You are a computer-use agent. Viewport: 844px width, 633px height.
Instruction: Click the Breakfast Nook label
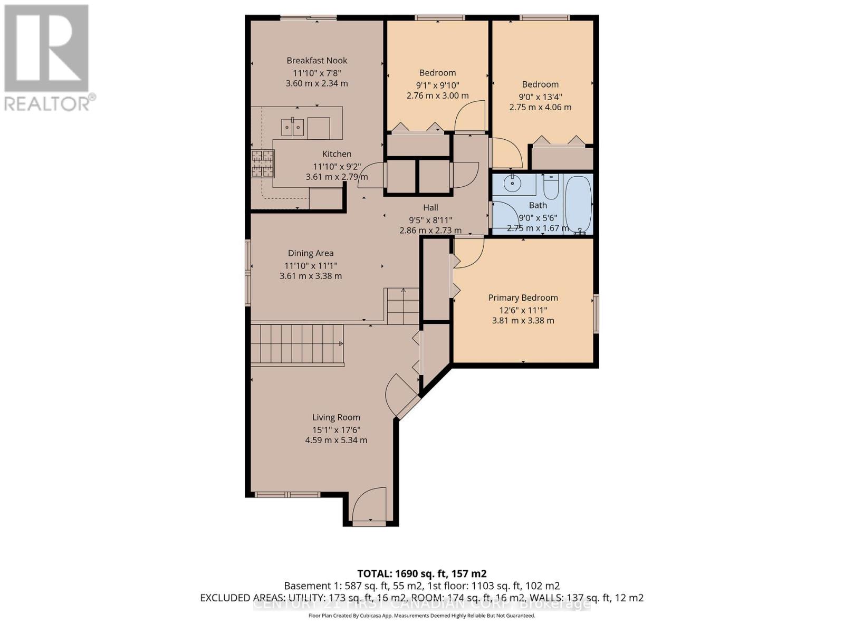316,60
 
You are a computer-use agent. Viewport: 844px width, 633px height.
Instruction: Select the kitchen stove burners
263,163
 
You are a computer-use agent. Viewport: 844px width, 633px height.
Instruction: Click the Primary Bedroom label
523,298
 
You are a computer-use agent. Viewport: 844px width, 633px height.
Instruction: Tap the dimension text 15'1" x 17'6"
336,429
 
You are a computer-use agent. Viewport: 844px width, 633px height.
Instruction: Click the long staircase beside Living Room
296,344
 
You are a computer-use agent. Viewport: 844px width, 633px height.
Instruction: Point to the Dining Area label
310,253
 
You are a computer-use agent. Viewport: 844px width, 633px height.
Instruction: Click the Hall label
430,207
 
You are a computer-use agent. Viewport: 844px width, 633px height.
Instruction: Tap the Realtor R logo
46,49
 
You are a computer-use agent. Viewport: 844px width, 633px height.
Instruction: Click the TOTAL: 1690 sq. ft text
421,573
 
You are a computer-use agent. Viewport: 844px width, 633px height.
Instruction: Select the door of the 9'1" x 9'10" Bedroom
470,117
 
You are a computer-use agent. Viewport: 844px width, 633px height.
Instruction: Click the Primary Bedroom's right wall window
596,313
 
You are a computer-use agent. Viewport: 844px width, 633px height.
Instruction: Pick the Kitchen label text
337,154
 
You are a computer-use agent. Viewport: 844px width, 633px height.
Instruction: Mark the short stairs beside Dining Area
403,306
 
